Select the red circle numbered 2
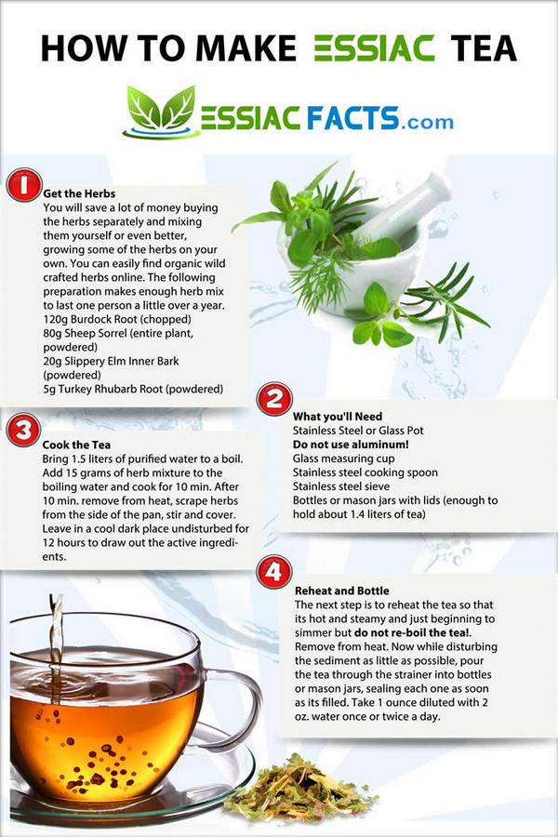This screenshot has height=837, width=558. [x=274, y=399]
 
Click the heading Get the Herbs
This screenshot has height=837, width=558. [x=79, y=193]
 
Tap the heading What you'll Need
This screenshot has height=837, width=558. [x=338, y=417]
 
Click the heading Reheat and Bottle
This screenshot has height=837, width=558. [x=341, y=591]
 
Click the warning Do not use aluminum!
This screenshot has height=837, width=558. [x=347, y=445]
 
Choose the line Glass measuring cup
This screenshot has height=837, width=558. [x=343, y=458]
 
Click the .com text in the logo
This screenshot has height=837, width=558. [x=429, y=121]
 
